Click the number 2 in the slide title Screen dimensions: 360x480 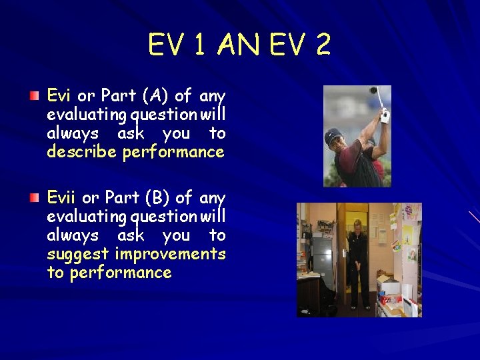[x=323, y=45]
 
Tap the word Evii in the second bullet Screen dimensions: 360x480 [x=62, y=198]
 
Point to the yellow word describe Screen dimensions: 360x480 [x=83, y=152]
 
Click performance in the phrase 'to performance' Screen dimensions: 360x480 [x=121, y=273]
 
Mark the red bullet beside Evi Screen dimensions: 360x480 [x=34, y=96]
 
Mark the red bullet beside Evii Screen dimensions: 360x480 [x=34, y=198]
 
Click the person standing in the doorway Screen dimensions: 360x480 [x=357, y=263]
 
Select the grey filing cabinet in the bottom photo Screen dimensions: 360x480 [x=323, y=253]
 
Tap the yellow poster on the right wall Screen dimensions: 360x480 [x=407, y=233]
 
